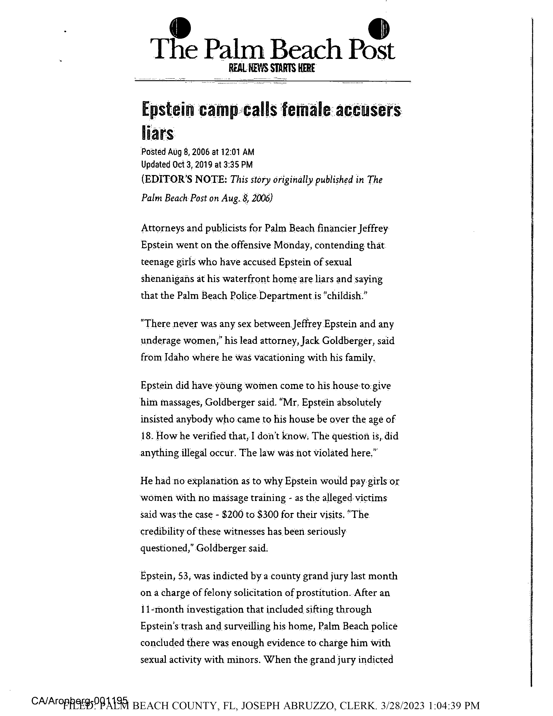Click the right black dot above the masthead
pyautogui.click(x=379, y=28)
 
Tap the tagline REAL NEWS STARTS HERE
pyautogui.click(x=272, y=68)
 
